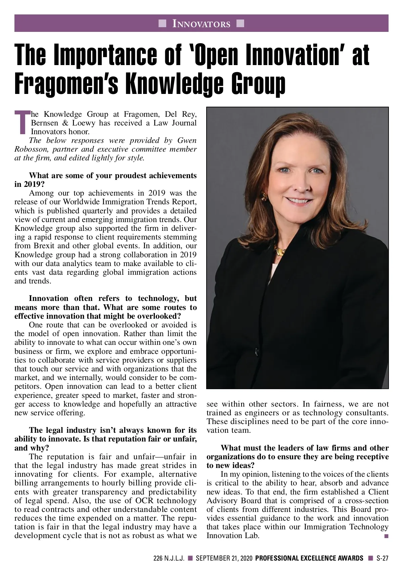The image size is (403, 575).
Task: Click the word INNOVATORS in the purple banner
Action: pyautogui.click(x=201, y=24)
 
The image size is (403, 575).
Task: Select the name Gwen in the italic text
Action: pyautogui.click(x=187, y=140)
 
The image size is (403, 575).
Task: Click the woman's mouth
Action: pyautogui.click(x=298, y=201)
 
